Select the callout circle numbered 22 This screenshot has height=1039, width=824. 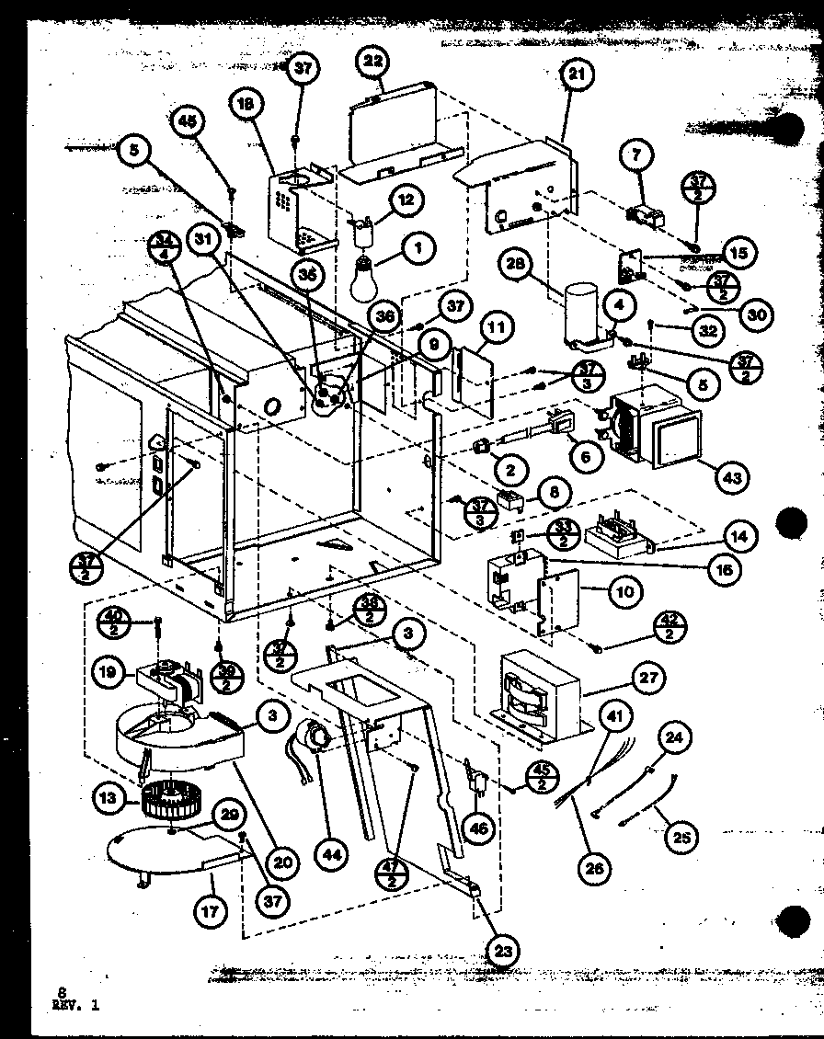coord(373,63)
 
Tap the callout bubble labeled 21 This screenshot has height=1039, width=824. coord(575,80)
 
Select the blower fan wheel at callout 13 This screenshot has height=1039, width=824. coord(167,800)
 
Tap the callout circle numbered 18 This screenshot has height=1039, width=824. coord(245,107)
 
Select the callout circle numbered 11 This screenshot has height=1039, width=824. coord(495,325)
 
